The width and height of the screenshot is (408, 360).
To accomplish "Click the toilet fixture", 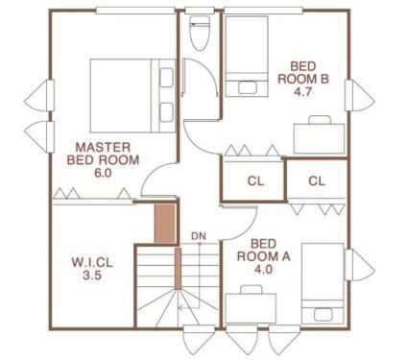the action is (x=200, y=33).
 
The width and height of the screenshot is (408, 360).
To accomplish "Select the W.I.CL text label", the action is (x=92, y=263).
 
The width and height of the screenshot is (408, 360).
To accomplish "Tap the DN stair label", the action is (x=199, y=236).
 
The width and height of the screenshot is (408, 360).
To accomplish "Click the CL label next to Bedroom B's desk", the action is (x=317, y=181).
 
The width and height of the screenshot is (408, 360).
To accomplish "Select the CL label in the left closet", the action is (x=255, y=181).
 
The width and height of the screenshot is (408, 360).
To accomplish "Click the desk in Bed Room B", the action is (x=319, y=138).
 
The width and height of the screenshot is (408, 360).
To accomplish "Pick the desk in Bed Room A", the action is (x=251, y=308).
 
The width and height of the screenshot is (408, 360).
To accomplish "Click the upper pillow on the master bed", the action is (x=166, y=77).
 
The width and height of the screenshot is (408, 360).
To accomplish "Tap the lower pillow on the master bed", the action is (x=166, y=112).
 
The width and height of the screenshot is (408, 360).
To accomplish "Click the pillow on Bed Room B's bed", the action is (x=248, y=87).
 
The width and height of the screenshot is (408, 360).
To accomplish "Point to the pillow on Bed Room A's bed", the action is (x=324, y=314).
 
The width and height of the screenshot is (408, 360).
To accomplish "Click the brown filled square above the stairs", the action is (x=165, y=223).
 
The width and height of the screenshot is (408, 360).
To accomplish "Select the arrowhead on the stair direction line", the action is (x=180, y=308).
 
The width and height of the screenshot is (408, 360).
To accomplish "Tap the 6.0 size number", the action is (x=103, y=173).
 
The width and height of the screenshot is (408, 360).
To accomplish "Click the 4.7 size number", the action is (x=302, y=92).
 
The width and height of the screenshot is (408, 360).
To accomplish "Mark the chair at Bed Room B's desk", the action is (x=320, y=120).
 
